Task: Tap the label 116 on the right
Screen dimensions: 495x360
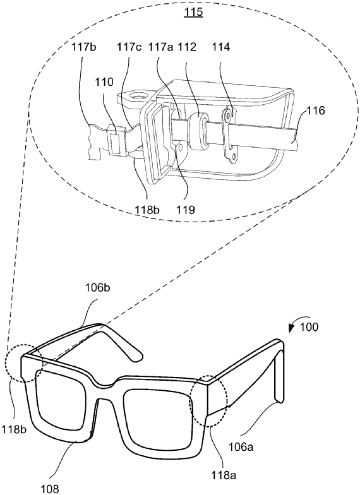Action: (316, 111)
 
